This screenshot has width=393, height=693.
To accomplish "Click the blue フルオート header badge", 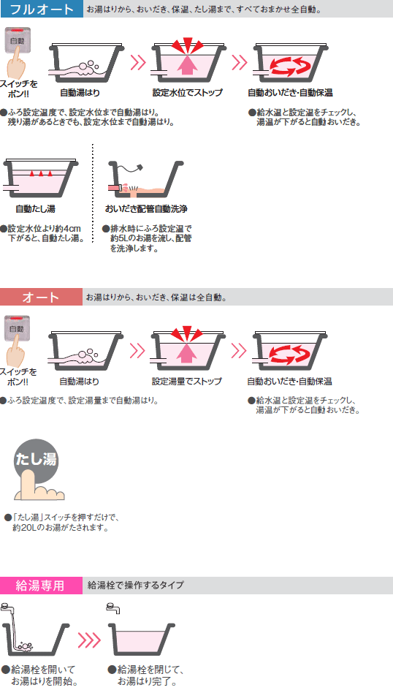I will (41, 10).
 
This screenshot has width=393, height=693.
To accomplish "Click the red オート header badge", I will (41, 297).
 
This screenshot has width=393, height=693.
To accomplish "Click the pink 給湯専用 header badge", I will (41, 585).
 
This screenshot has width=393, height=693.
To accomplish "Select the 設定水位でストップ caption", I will (188, 92).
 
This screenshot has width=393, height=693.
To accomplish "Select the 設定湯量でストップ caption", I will (187, 381).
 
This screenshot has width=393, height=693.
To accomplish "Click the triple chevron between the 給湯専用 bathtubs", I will (88, 640).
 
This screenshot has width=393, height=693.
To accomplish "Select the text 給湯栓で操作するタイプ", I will (136, 585).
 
